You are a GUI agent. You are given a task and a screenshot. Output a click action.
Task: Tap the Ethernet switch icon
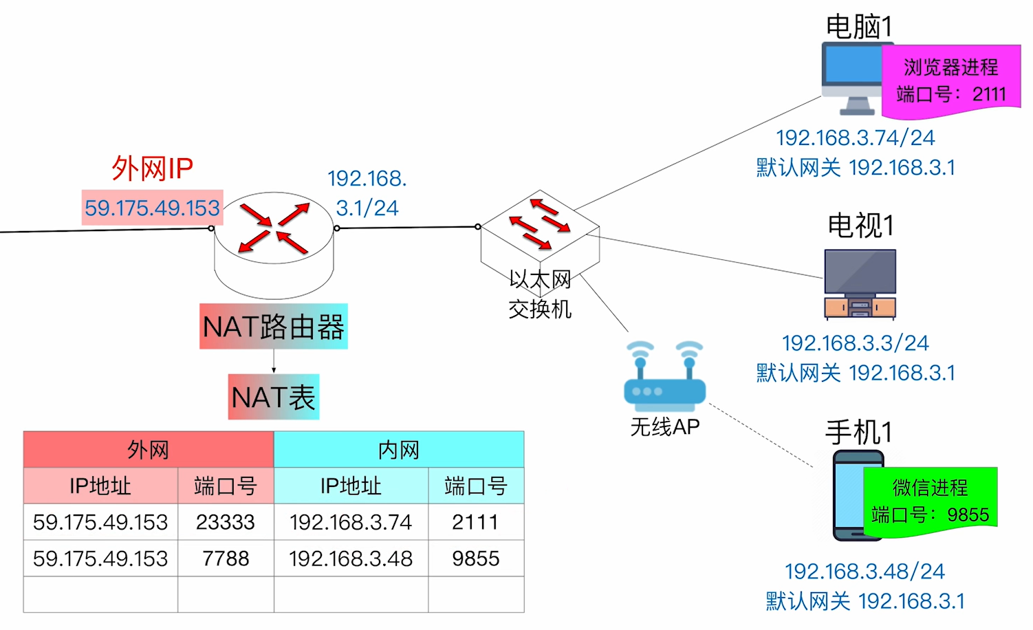tap(540, 234)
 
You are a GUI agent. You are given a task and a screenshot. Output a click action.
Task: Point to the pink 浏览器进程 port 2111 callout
tap(950, 80)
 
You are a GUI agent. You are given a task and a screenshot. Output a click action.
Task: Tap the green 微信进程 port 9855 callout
tap(930, 500)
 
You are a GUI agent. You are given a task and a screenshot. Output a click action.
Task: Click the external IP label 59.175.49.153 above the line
tap(152, 208)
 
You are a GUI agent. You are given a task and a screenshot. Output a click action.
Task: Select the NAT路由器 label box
tap(274, 327)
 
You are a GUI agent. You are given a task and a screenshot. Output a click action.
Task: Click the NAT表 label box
tap(274, 397)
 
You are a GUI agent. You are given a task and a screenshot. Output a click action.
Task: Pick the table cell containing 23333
tap(226, 522)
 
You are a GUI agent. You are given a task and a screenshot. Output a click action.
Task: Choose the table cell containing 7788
tap(226, 558)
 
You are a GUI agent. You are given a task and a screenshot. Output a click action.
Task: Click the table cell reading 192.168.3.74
tap(351, 522)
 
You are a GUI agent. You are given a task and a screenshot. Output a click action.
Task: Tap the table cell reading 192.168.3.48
tap(351, 558)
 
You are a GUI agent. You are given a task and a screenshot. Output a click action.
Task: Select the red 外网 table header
tap(149, 450)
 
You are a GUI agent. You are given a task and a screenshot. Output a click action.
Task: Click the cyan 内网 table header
tap(399, 450)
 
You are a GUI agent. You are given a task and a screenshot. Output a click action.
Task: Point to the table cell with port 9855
tap(476, 558)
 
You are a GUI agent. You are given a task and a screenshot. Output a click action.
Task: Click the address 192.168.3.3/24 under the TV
tap(855, 343)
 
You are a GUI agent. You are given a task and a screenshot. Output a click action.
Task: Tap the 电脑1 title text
tap(858, 27)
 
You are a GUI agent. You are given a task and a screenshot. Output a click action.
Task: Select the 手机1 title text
tap(858, 433)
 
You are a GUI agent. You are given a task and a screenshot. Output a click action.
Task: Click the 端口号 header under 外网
tap(226, 486)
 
